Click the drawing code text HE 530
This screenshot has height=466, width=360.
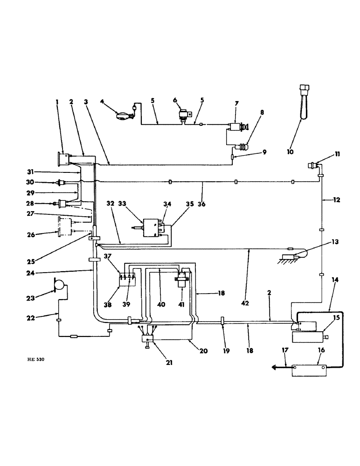(37, 359)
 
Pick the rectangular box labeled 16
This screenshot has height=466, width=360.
(308, 370)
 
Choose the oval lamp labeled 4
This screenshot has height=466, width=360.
(125, 115)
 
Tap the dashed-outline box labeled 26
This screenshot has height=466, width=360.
(65, 226)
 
